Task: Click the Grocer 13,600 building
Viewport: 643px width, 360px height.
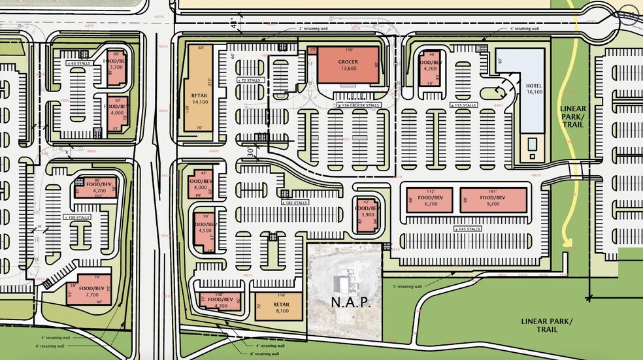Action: tap(348, 65)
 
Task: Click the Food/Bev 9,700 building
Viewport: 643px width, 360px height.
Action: tap(493, 200)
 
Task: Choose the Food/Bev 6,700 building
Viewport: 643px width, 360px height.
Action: tap(429, 200)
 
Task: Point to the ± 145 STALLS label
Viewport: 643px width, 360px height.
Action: tap(467, 229)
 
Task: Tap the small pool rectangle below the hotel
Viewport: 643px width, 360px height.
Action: tap(533, 143)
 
